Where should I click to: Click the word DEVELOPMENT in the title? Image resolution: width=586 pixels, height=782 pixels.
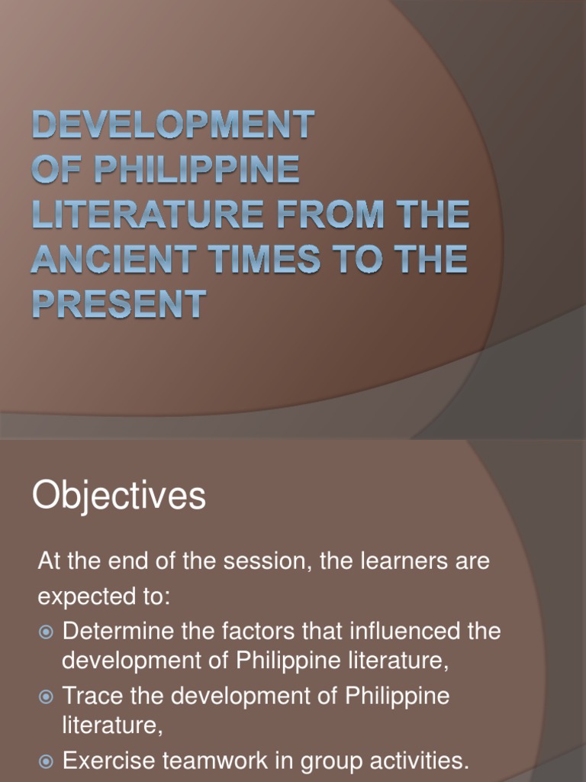coord(172,124)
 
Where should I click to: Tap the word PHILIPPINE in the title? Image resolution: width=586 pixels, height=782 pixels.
coord(196,170)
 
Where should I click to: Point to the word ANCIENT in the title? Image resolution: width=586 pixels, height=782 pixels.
coord(111,260)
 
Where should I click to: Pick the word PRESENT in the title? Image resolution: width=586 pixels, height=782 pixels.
coord(118,304)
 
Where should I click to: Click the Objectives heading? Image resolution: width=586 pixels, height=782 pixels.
coord(119,496)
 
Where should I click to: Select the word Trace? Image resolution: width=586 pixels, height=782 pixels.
coord(89,696)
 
